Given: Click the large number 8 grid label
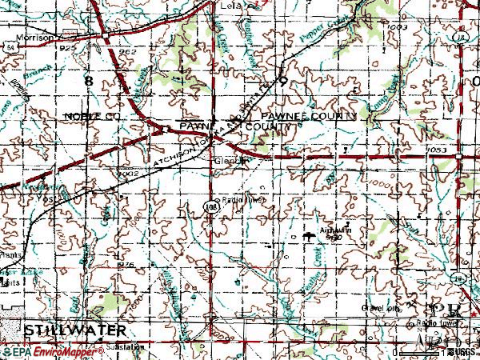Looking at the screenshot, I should [88, 81].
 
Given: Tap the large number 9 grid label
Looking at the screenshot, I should [282, 81].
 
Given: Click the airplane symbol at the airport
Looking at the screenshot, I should [309, 235].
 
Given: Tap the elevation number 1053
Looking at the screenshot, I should [435, 150].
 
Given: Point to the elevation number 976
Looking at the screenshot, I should [126, 265].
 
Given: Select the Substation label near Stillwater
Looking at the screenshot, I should [128, 347].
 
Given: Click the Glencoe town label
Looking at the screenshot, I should [228, 160].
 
